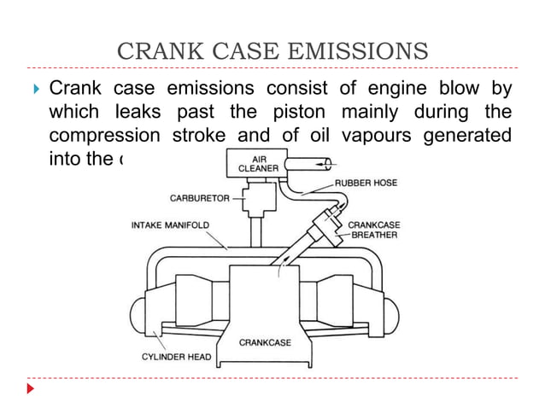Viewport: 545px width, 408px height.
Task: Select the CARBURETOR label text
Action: [199, 198]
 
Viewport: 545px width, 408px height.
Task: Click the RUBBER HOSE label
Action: [365, 182]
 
